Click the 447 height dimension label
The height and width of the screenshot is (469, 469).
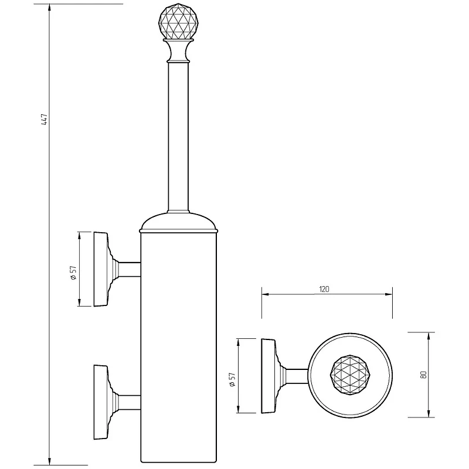tap(45, 120)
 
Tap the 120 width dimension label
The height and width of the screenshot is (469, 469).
tap(324, 289)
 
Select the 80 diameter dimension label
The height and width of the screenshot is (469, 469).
tap(423, 375)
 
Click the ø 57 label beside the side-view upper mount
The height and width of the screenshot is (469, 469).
tap(74, 273)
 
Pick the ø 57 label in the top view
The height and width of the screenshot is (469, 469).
tap(233, 379)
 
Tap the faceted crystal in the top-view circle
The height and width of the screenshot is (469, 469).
tap(349, 375)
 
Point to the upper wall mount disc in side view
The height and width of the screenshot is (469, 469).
tap(100, 269)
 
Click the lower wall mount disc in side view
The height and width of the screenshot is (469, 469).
tap(100, 402)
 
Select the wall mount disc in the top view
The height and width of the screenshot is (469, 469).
tap(269, 376)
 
